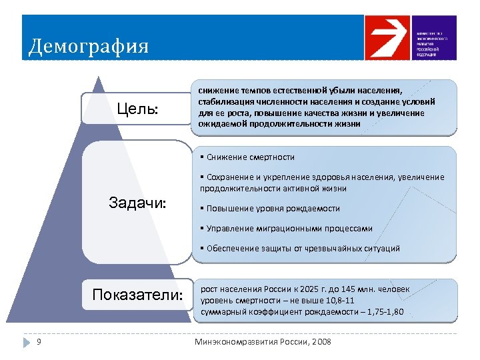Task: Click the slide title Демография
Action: click(x=89, y=47)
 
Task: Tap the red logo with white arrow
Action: click(x=389, y=38)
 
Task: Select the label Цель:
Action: click(x=137, y=109)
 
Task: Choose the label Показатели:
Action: click(x=137, y=295)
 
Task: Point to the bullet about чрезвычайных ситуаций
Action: click(x=299, y=249)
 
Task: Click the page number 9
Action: click(x=39, y=342)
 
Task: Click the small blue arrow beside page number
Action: click(x=26, y=342)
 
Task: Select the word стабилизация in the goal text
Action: click(x=223, y=102)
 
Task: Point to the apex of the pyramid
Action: click(x=100, y=78)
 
